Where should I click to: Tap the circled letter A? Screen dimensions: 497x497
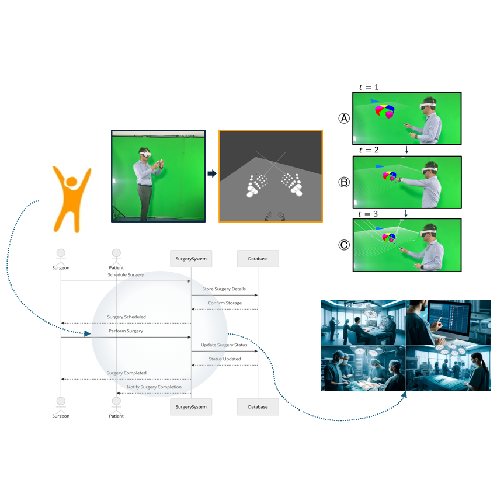[x=344, y=118]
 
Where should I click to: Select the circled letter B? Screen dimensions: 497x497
[x=344, y=182]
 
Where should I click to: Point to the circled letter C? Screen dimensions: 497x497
[x=344, y=245]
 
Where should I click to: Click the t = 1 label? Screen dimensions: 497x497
[x=369, y=87]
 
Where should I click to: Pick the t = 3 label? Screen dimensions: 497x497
[x=369, y=213]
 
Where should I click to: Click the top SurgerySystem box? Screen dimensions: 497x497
[x=191, y=258]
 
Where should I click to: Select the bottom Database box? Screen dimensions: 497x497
[x=258, y=406]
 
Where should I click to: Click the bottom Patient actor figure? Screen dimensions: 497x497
[x=116, y=403]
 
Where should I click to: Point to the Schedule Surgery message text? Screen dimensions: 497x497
[x=126, y=274]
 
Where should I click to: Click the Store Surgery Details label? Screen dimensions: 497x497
[x=224, y=289]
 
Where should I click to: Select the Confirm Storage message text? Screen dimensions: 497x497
[x=225, y=303]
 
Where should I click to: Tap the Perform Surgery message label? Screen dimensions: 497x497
[x=126, y=331]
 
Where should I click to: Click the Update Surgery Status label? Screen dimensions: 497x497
[x=224, y=345]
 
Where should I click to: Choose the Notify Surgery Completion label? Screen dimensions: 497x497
[x=154, y=387]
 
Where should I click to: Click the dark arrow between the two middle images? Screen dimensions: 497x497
[x=212, y=173]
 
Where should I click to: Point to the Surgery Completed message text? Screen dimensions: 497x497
[x=126, y=373]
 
